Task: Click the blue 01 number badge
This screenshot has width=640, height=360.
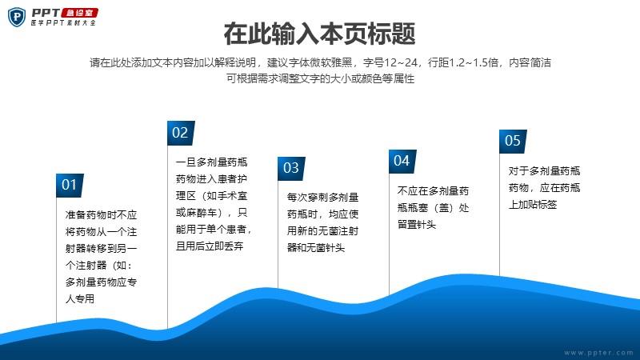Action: [x=70, y=186]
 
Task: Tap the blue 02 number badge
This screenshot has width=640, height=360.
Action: [x=181, y=133]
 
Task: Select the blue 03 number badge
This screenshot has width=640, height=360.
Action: [x=291, y=169]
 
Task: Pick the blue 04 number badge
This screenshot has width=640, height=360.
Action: [x=402, y=162]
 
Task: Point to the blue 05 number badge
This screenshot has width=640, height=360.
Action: [x=513, y=142]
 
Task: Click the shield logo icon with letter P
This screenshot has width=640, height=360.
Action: [x=17, y=17]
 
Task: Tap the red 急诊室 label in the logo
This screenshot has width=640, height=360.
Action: [x=79, y=13]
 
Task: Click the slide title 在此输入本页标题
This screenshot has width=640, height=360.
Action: [x=319, y=34]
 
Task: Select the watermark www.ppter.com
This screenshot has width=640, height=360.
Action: [x=598, y=353]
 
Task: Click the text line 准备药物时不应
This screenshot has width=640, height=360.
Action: [x=101, y=214]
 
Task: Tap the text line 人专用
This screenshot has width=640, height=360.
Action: [x=80, y=298]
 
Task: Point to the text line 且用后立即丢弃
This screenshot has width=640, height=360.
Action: [x=210, y=246]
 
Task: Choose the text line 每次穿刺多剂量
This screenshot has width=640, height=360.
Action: [x=322, y=197]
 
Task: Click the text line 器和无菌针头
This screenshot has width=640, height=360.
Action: [x=316, y=247]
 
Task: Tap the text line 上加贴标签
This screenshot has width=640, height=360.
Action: [x=533, y=205]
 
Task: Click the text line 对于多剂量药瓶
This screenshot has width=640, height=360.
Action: [x=544, y=171]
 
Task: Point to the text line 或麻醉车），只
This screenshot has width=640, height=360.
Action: [x=211, y=212]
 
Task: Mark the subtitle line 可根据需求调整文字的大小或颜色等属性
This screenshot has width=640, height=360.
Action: [x=321, y=78]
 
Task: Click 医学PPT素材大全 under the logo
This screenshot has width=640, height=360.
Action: [x=63, y=23]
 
